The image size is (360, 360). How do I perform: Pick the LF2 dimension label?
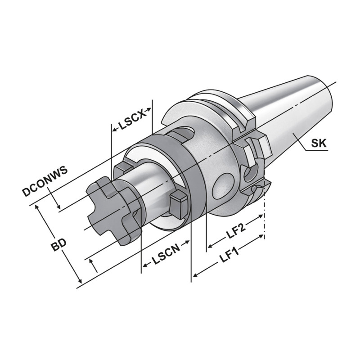coord(236,230)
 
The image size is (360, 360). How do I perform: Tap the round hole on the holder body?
coord(222,184)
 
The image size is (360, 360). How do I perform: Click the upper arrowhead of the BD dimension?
coord(38,207)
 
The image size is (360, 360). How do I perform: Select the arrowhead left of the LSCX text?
coord(114,130)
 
